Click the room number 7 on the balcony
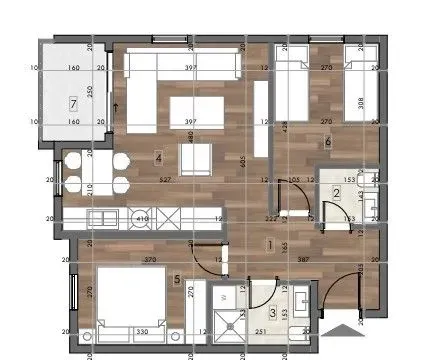[x=73, y=102]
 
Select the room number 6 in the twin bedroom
[x=328, y=141]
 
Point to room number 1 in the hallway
[x=270, y=243]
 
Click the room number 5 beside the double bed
[x=178, y=280]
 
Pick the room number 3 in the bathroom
[x=245, y=313]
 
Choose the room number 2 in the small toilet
[x=337, y=193]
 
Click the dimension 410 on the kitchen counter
[x=142, y=218]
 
